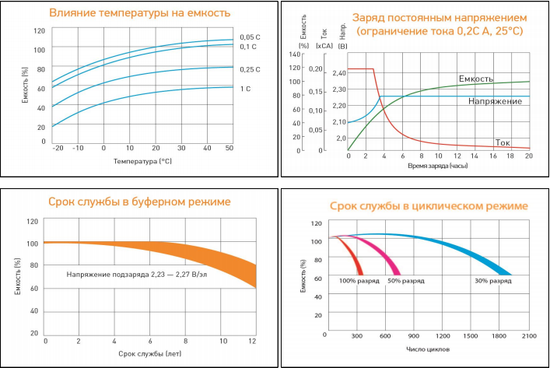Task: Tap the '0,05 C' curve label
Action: click(250, 37)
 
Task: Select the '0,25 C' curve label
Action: click(250, 69)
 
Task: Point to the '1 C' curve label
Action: click(246, 89)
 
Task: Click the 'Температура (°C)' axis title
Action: click(142, 162)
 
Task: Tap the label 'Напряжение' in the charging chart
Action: click(495, 101)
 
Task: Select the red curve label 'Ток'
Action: click(503, 142)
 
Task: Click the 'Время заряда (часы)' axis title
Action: click(439, 166)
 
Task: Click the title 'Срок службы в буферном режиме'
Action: click(138, 202)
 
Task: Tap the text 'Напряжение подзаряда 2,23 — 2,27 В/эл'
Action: click(131, 274)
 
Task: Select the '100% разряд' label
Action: click(359, 280)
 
